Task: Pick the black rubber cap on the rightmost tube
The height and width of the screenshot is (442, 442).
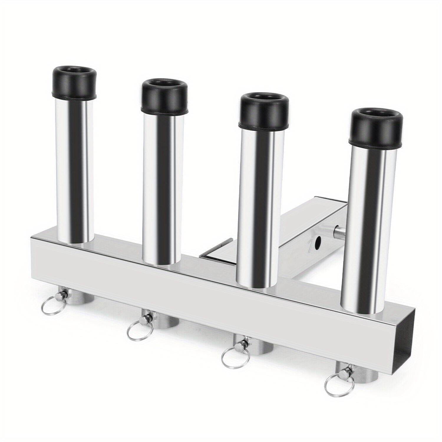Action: (376, 127)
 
